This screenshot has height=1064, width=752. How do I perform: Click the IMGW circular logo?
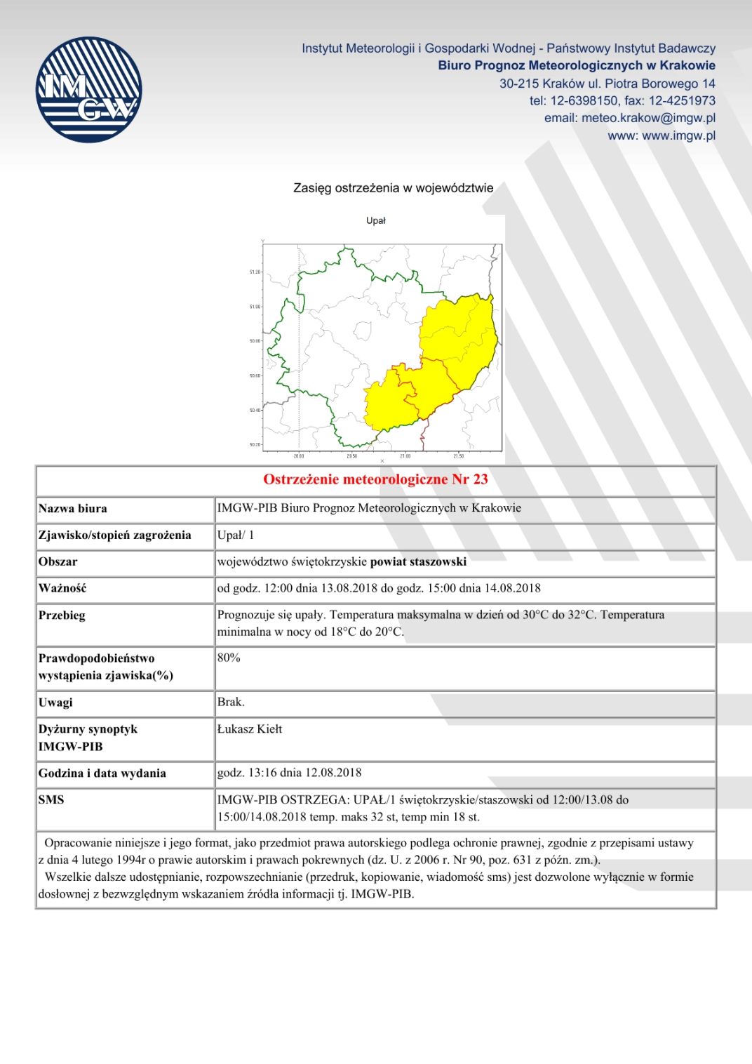pyautogui.click(x=88, y=90)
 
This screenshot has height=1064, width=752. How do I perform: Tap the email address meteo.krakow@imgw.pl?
pyautogui.click(x=648, y=118)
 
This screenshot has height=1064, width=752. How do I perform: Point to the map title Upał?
pyautogui.click(x=375, y=220)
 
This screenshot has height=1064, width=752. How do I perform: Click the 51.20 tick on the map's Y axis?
pyautogui.click(x=255, y=272)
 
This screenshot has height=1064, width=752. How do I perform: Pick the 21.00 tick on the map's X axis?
pyautogui.click(x=405, y=456)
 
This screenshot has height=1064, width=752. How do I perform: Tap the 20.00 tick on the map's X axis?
pyautogui.click(x=299, y=456)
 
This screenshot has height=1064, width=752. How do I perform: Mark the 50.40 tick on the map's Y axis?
pyautogui.click(x=255, y=410)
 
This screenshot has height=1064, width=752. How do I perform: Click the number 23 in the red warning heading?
pyautogui.click(x=481, y=479)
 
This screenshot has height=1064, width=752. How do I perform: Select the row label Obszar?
pyautogui.click(x=58, y=561)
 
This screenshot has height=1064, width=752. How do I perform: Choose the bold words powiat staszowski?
pyautogui.click(x=418, y=561)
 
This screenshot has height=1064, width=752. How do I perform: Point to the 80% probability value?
pyautogui.click(x=229, y=658)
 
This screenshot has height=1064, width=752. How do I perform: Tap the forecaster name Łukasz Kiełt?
pyautogui.click(x=250, y=729)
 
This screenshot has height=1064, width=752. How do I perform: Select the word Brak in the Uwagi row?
pyautogui.click(x=230, y=702)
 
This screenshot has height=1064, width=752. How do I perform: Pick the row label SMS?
pyautogui.click(x=51, y=799)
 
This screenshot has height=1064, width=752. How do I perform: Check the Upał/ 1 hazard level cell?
pyautogui.click(x=236, y=535)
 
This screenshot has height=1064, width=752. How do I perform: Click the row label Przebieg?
pyautogui.click(x=62, y=615)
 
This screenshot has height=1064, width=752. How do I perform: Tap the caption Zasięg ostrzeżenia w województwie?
pyautogui.click(x=393, y=188)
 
